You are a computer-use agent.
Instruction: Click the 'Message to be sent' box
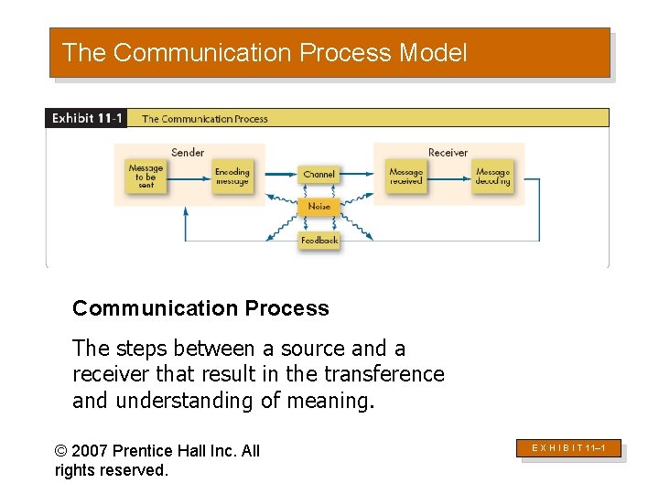[x=146, y=177]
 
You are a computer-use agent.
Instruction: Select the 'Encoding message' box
[x=232, y=177]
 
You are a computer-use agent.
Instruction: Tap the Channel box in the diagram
[x=319, y=174]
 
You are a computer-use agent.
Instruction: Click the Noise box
[x=319, y=207]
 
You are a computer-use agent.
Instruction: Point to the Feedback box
[x=319, y=240]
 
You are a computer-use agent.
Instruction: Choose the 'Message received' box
[x=405, y=177]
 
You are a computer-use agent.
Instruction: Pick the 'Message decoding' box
[x=492, y=177]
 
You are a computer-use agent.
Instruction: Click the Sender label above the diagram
[x=188, y=152]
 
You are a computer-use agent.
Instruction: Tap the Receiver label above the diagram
[x=448, y=152]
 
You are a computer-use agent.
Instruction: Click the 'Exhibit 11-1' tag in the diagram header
[x=87, y=118]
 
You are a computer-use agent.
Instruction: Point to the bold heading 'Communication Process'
[x=200, y=308]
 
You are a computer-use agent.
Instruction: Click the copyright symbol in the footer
[x=61, y=450]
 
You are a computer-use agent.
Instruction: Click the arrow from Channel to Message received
[x=358, y=173]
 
